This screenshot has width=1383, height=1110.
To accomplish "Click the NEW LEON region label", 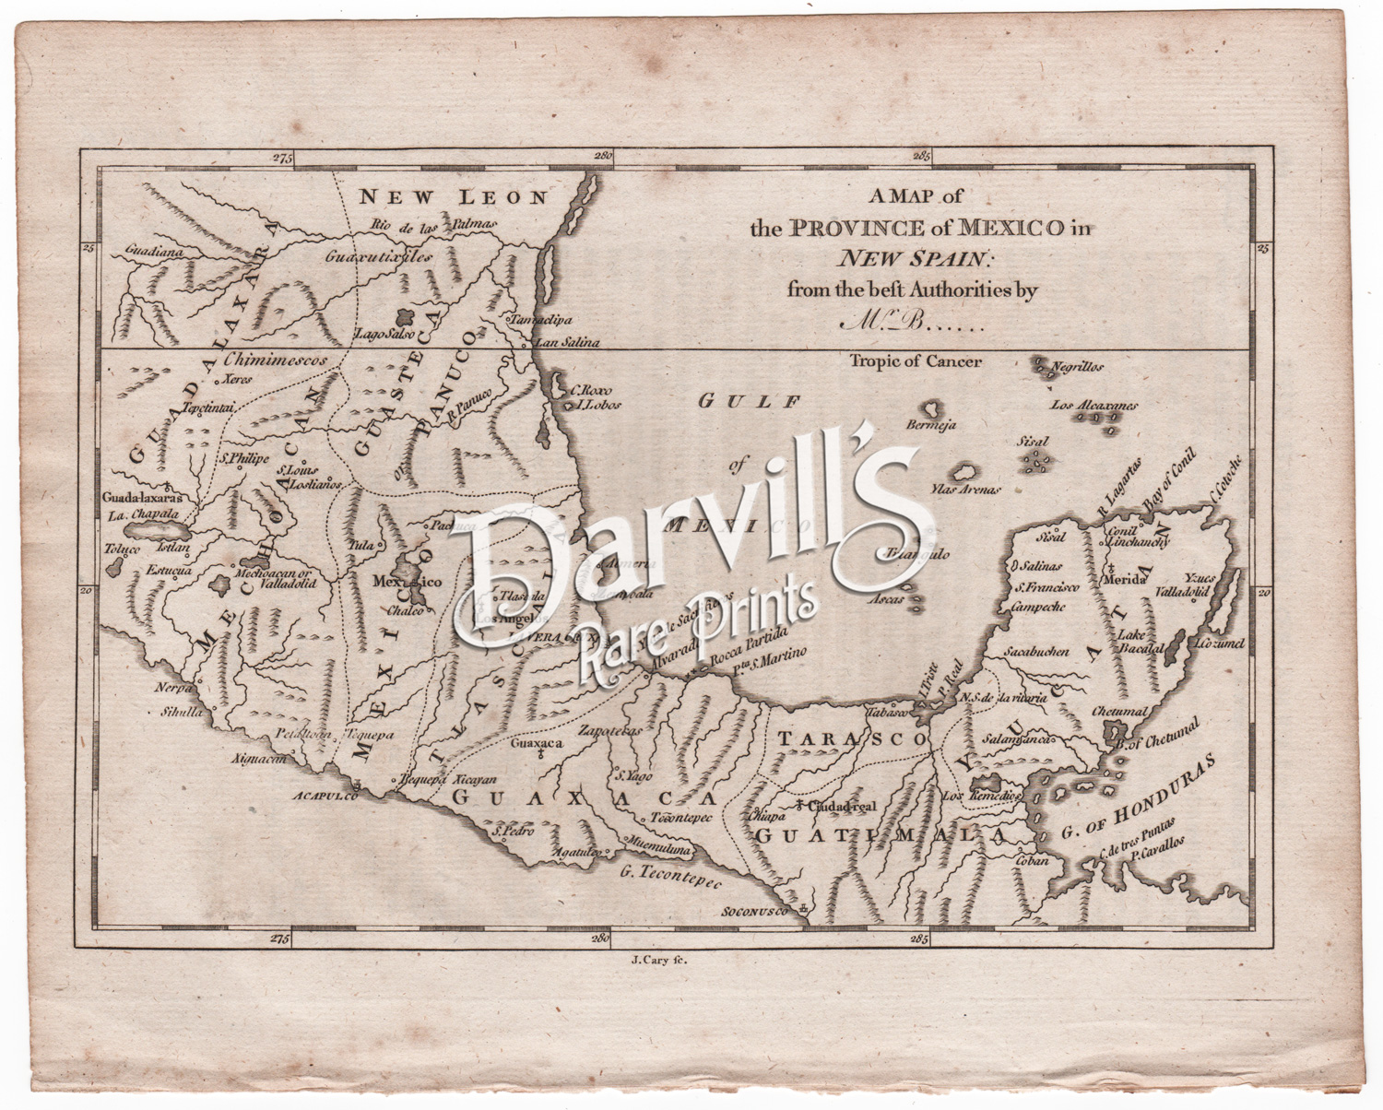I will point(453,197).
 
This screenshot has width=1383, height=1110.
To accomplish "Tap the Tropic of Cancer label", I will point(916,361).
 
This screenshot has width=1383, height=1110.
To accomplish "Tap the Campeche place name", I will point(1038,607).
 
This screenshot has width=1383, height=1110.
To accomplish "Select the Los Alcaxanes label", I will point(1095,406).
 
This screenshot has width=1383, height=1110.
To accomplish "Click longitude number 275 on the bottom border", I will point(279,939).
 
